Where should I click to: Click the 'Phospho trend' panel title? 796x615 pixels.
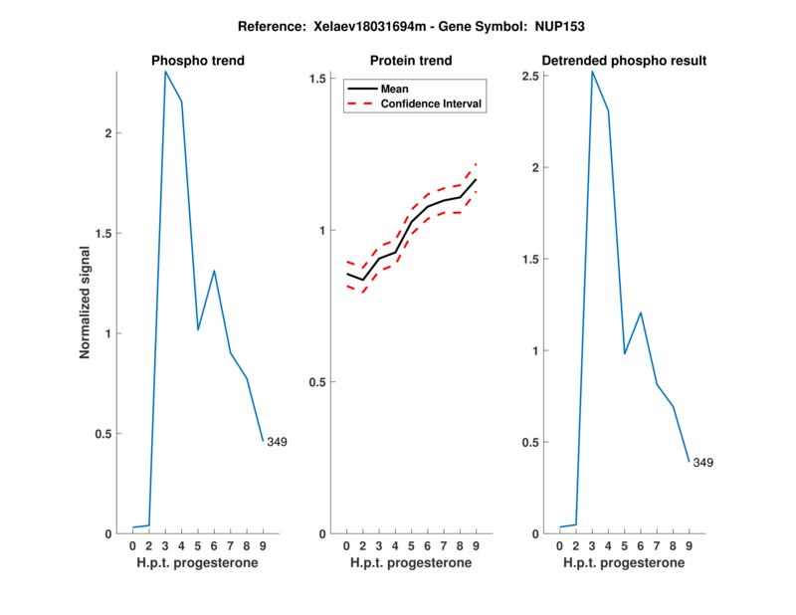click(197, 61)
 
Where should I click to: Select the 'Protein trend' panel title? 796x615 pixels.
click(411, 61)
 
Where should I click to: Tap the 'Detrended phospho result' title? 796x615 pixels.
click(624, 61)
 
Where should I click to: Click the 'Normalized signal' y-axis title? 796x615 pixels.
click(86, 302)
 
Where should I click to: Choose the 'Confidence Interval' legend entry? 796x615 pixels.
click(432, 103)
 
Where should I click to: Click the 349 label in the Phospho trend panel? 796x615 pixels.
click(277, 442)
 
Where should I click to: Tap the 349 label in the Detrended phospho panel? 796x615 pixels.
click(703, 463)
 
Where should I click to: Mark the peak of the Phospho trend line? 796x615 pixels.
click(165, 71)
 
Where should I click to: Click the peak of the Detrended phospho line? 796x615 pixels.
click(592, 71)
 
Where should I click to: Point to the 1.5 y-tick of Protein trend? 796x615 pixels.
click(318, 79)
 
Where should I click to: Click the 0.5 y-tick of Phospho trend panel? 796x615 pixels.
click(104, 434)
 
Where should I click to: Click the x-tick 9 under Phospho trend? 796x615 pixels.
click(263, 545)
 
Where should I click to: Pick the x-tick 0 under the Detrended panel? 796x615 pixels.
click(559, 545)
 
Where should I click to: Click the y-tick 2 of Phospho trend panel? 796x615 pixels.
click(110, 133)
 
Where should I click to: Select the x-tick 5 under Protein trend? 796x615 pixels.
click(411, 545)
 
